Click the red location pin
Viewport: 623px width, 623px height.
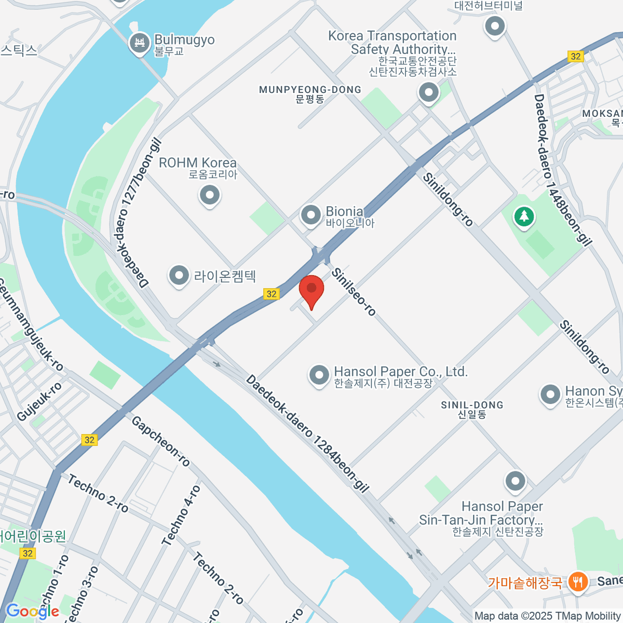pos(311,290)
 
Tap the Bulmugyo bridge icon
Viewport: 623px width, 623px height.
pos(139,43)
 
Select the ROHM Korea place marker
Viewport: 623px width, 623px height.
pos(210,196)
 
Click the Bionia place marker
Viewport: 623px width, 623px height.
pos(311,215)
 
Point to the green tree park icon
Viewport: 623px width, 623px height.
pos(524,216)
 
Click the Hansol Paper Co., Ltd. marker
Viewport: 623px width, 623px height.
pos(319,375)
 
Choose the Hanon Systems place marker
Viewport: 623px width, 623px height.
pos(550,395)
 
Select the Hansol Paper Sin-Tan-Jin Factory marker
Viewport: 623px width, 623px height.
pos(515,481)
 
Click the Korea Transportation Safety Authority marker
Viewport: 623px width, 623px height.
pos(428,93)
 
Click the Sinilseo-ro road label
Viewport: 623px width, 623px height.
pos(354,292)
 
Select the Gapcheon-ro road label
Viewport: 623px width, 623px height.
pos(160,441)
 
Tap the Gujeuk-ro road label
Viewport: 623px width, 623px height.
pos(39,401)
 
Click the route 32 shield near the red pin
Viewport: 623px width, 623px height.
pos(272,294)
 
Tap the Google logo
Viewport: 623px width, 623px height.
pos(32,611)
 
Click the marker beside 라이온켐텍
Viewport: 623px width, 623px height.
pos(179,276)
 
